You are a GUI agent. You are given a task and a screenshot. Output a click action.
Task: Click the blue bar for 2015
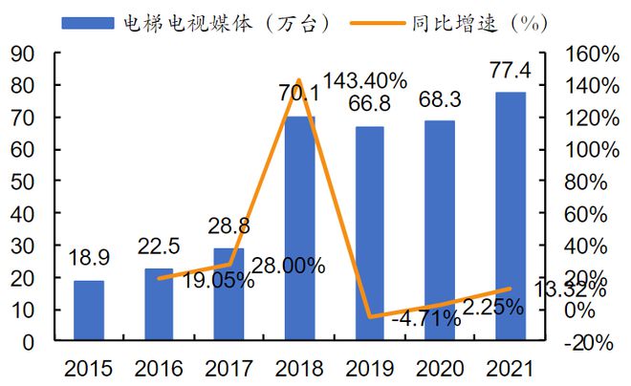pos(89,311)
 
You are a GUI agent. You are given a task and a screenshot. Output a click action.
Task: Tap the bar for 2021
pos(510,216)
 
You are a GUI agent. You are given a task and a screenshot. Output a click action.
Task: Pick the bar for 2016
pos(159,304)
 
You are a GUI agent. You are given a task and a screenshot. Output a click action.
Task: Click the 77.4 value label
pos(509,73)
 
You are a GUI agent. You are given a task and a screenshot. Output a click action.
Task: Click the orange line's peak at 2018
pos(298,80)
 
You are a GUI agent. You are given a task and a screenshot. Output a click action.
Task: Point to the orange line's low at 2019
pos(369,316)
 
